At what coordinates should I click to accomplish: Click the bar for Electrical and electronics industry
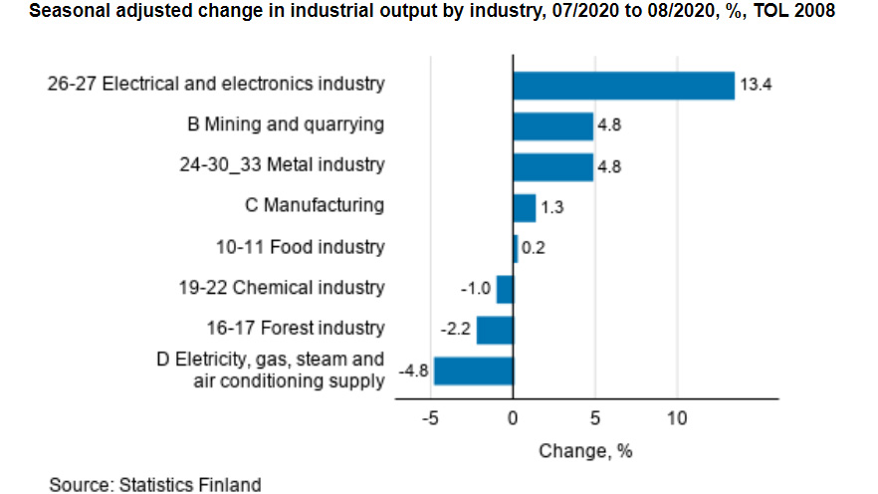click(x=623, y=86)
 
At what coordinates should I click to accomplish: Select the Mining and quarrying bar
click(x=552, y=126)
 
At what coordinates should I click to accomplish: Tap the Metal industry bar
click(x=552, y=166)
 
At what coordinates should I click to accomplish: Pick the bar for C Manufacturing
click(x=524, y=207)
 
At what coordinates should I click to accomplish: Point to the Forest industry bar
click(x=495, y=330)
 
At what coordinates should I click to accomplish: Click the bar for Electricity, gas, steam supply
click(x=474, y=371)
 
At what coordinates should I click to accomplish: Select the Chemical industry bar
click(x=505, y=289)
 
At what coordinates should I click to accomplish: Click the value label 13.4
click(x=756, y=86)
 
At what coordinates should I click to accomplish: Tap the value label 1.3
click(x=553, y=208)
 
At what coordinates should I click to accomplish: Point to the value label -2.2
click(x=456, y=330)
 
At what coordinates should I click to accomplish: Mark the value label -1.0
click(x=475, y=289)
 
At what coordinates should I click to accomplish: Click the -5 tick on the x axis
click(x=430, y=417)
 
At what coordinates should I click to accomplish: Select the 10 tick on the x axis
click(x=677, y=417)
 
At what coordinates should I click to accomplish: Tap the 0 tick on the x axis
click(x=513, y=417)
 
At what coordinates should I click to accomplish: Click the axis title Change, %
click(x=585, y=450)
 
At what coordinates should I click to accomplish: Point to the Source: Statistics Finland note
click(x=155, y=484)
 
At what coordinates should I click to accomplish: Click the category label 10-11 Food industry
click(x=300, y=247)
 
